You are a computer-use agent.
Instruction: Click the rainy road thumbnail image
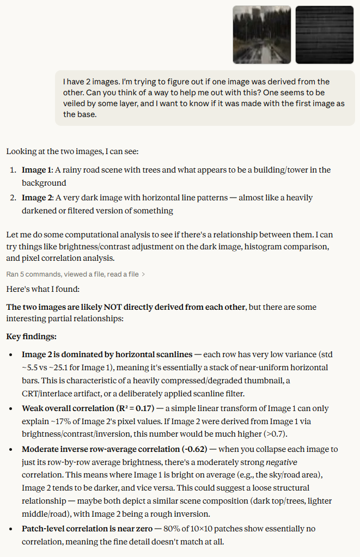pyautogui.click(x=261, y=35)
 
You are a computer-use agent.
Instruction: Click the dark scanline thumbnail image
pyautogui.click(x=325, y=35)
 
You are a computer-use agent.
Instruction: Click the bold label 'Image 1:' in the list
pyautogui.click(x=37, y=170)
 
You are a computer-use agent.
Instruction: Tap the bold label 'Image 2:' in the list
pyautogui.click(x=38, y=198)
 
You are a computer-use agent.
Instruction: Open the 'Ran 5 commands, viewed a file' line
pyautogui.click(x=72, y=274)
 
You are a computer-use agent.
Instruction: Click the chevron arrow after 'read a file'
pyautogui.click(x=143, y=274)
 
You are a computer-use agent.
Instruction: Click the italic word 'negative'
pyautogui.click(x=280, y=462)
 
